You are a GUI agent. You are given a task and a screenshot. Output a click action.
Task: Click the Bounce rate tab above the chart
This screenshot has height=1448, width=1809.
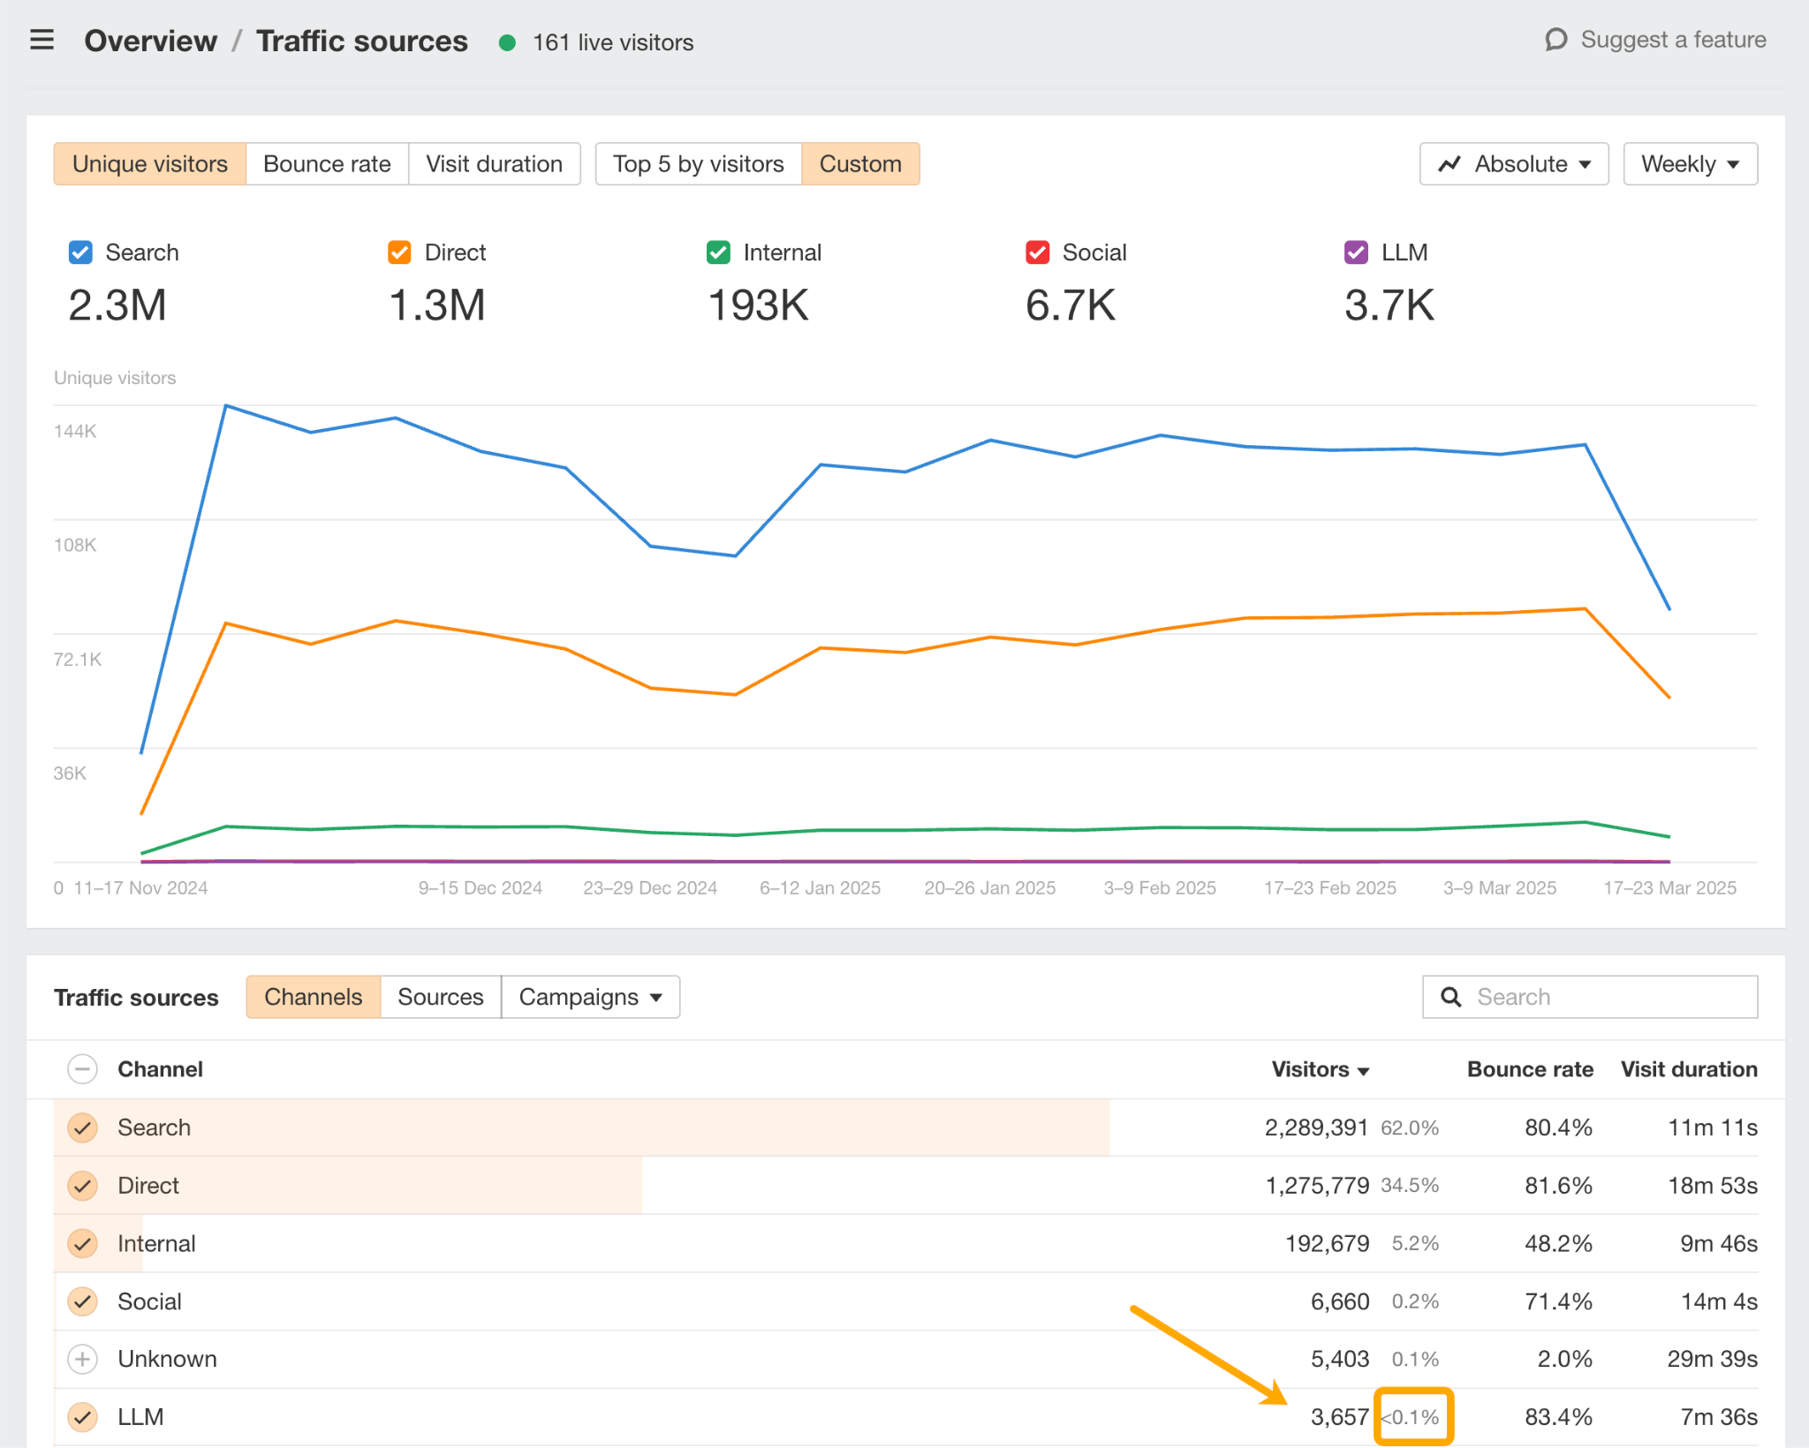click(x=327, y=164)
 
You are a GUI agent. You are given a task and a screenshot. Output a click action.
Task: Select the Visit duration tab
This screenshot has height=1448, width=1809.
click(x=494, y=164)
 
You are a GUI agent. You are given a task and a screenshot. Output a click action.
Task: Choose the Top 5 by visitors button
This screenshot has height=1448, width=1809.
click(x=698, y=164)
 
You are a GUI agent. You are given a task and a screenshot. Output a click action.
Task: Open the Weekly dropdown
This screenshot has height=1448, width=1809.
click(x=1689, y=164)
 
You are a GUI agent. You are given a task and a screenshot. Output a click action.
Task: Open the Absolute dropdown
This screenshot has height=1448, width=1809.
click(x=1513, y=164)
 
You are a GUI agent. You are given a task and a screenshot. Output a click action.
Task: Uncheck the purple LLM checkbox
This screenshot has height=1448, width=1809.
click(x=1356, y=253)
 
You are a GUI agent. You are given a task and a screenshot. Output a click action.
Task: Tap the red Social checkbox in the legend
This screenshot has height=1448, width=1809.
click(x=1037, y=253)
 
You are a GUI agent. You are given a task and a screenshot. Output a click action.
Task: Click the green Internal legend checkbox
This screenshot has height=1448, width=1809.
click(x=718, y=253)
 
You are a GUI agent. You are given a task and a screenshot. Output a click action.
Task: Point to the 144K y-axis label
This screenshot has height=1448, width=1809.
click(x=75, y=432)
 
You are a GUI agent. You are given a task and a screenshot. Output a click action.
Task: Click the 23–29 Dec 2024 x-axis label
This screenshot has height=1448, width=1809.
click(x=649, y=888)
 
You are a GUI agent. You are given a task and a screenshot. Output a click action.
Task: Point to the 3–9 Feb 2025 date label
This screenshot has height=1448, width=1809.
click(x=1159, y=888)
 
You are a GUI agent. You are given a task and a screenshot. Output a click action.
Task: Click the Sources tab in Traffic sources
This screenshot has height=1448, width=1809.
click(x=440, y=997)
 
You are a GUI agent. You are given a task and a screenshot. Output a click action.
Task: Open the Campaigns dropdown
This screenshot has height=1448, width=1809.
click(x=590, y=997)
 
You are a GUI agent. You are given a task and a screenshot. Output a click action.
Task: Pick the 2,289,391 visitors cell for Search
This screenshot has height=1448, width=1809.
click(x=1315, y=1127)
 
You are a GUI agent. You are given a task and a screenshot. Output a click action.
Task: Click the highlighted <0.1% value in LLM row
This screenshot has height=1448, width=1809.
click(x=1412, y=1417)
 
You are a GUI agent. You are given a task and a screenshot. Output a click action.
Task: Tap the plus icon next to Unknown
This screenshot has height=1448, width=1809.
click(x=82, y=1359)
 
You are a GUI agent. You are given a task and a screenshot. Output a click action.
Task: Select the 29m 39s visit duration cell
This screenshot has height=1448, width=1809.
click(x=1711, y=1359)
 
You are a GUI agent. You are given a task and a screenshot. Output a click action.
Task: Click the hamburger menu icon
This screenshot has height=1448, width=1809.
click(x=42, y=41)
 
